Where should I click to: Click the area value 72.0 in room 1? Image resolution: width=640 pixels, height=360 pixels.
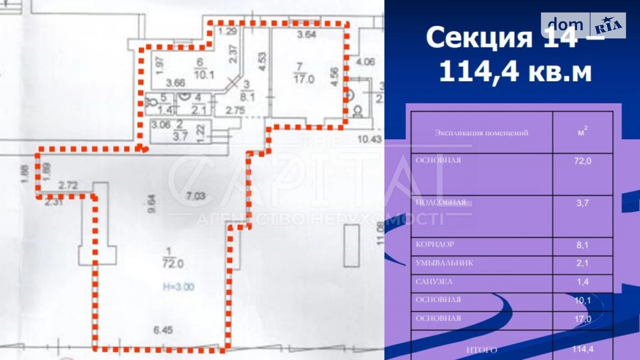point(173,264)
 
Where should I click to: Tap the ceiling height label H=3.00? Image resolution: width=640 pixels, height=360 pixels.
point(179,287)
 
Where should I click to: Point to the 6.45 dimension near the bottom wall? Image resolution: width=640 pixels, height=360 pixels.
point(163,330)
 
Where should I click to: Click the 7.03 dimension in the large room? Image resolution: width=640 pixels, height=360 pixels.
point(196,196)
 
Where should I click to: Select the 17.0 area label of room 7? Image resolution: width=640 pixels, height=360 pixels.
point(304,79)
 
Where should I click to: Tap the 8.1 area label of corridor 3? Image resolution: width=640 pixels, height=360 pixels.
point(247,97)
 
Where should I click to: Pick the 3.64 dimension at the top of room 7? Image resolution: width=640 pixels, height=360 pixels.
point(307,35)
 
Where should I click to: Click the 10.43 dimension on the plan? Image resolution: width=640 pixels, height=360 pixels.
point(369,139)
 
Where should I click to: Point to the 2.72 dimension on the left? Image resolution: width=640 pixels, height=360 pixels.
point(68,186)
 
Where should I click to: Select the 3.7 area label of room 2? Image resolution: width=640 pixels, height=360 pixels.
point(180,136)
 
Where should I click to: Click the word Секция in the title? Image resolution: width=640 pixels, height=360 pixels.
point(479,37)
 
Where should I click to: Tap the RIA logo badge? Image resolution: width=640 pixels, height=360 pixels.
point(608,25)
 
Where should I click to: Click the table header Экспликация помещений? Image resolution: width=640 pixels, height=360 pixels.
point(481,133)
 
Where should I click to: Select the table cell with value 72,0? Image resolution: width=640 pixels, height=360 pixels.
point(583,161)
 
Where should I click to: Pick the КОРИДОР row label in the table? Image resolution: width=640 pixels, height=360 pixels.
point(435,244)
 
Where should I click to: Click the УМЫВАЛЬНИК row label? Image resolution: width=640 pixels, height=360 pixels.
point(445,263)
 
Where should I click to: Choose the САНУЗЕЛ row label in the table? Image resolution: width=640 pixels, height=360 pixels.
point(434,282)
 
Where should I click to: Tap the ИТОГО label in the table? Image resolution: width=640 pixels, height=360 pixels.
point(482,350)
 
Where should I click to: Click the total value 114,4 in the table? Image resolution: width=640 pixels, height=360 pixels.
point(583,349)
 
